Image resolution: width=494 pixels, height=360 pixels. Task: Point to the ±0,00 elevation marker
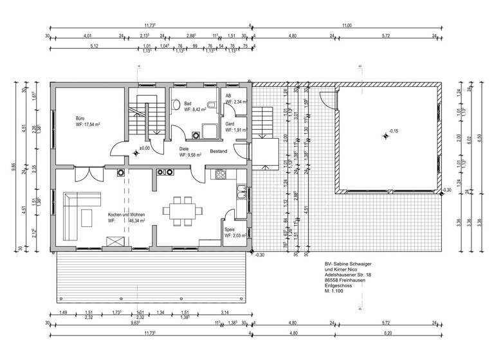[x=145, y=148]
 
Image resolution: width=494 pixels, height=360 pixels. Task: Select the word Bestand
[x=218, y=150]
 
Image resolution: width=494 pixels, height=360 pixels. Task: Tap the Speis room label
[x=230, y=230]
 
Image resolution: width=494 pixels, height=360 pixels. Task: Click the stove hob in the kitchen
[x=221, y=174]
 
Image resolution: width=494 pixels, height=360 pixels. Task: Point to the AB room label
[x=228, y=96]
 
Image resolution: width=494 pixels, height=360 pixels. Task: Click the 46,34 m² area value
[x=137, y=220]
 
